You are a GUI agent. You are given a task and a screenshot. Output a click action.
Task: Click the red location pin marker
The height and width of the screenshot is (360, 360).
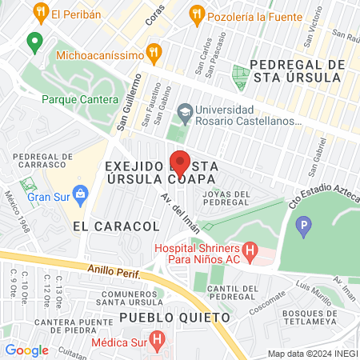[180, 162]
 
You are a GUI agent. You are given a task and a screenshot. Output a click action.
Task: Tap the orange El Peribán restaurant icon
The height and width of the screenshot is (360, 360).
[41, 13]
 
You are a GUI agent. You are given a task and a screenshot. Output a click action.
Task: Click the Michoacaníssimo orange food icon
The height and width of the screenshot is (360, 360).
[155, 54]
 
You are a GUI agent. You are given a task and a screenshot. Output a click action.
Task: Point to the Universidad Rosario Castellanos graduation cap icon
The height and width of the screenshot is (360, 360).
[185, 110]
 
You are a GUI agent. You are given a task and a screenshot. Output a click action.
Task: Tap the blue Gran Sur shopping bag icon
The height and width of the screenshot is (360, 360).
[80, 193]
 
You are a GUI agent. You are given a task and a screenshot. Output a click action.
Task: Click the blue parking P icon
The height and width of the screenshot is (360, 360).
[303, 229]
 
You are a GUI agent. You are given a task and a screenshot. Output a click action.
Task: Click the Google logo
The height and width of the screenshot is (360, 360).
[26, 350]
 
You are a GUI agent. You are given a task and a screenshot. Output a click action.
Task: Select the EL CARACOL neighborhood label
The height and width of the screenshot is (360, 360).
[116, 226]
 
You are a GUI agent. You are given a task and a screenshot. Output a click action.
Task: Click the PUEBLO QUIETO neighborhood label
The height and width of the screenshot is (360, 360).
[174, 318]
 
